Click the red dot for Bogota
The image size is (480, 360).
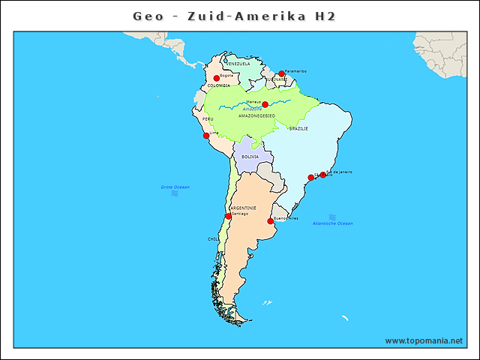pos(216,78)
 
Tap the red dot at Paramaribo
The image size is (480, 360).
pos(281,74)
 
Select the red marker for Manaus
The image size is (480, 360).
pos(265,105)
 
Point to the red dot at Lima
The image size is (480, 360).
pos(206,136)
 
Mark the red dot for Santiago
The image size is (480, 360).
pos(228,216)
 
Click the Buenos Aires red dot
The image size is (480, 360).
pos(270,221)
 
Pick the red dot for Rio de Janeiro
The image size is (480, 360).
pos(323,175)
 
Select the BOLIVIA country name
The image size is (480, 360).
pos(250,157)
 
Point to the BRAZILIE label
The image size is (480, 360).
pos(298,129)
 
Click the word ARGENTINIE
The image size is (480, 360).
pos(243,208)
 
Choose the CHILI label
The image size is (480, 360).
pos(214,239)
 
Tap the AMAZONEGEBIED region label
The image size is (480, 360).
pos(256,115)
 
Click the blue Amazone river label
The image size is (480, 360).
pos(252,109)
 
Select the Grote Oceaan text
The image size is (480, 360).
pos(175,187)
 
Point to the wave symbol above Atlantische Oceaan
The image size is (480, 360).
pos(332,217)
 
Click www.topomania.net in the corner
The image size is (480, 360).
pos(424,340)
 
